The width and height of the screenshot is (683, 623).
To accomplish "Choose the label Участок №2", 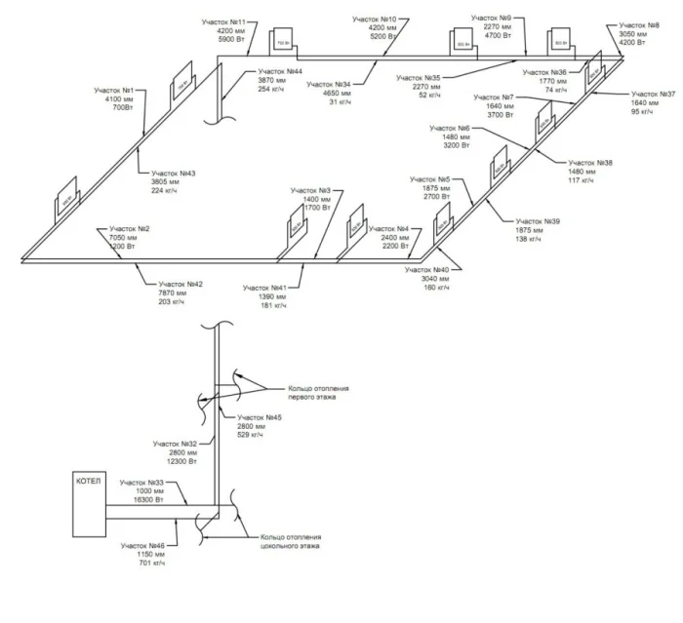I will pyautogui.click(x=130, y=228).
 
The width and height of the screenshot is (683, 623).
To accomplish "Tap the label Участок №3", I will pyautogui.click(x=311, y=190).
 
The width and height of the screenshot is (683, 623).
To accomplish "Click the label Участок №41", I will pyautogui.click(x=264, y=289).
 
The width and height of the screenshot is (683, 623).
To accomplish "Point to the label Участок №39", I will pyautogui.click(x=538, y=222).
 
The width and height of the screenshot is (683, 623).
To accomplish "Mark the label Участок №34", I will pyautogui.click(x=328, y=85).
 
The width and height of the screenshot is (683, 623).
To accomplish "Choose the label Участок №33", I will pyautogui.click(x=141, y=483).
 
